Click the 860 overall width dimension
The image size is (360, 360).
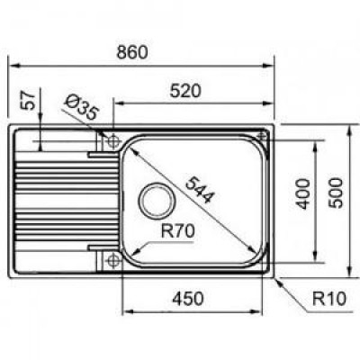click(x=132, y=52)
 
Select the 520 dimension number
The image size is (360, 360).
click(x=185, y=91)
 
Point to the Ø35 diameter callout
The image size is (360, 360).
click(x=81, y=106)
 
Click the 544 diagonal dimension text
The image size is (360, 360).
click(x=200, y=190)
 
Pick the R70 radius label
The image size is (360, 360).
click(x=177, y=231)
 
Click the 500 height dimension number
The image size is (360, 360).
click(x=335, y=193)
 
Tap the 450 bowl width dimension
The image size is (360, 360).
click(x=188, y=299)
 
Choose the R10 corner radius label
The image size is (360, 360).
click(x=329, y=299)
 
